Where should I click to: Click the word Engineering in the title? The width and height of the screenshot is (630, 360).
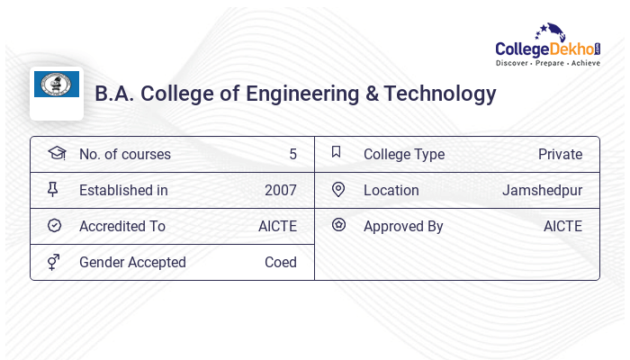pyautogui.click(x=299, y=94)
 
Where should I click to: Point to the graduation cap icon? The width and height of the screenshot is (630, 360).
pyautogui.click(x=56, y=153)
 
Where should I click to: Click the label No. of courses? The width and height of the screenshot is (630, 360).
pyautogui.click(x=124, y=154)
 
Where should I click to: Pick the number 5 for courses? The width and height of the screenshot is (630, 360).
pyautogui.click(x=292, y=154)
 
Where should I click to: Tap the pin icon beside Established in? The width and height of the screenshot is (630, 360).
pyautogui.click(x=53, y=189)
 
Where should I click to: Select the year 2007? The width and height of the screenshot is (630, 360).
pyautogui.click(x=280, y=190)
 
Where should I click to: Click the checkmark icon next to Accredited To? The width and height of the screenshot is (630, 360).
pyautogui.click(x=54, y=225)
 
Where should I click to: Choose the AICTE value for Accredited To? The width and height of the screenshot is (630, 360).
pyautogui.click(x=277, y=226)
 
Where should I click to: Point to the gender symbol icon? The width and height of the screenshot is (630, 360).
pyautogui.click(x=54, y=262)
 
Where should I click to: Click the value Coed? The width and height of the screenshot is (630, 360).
pyautogui.click(x=280, y=262)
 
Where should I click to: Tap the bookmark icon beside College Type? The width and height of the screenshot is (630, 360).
pyautogui.click(x=337, y=152)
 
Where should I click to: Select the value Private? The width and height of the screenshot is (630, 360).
pyautogui.click(x=560, y=154)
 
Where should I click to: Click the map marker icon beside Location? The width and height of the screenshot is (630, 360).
pyautogui.click(x=337, y=189)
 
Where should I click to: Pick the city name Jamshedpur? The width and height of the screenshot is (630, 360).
pyautogui.click(x=542, y=190)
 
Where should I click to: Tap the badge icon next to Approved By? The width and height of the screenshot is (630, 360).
pyautogui.click(x=337, y=225)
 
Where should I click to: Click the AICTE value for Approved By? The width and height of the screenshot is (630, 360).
pyautogui.click(x=562, y=226)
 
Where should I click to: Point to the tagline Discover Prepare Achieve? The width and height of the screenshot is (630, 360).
pyautogui.click(x=547, y=64)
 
